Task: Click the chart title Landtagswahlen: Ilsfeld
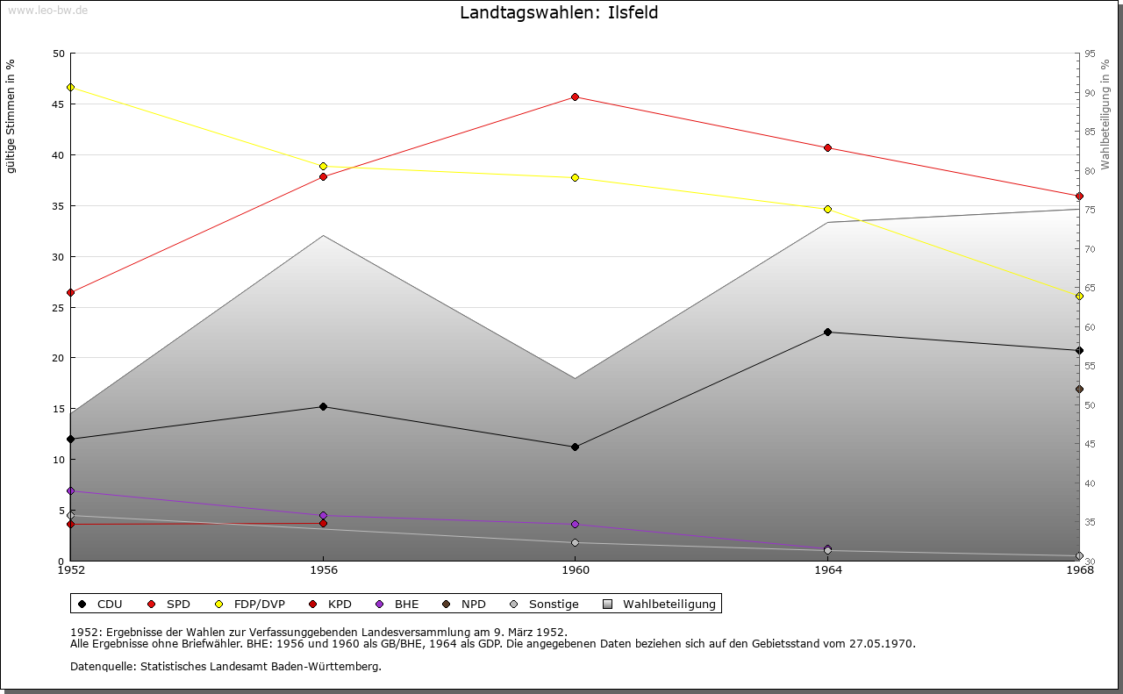[x=559, y=13]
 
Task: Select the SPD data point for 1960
[x=576, y=97]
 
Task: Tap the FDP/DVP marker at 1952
[x=70, y=87]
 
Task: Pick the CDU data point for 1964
[x=827, y=332]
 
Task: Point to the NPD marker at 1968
[x=1079, y=389]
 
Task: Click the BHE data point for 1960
[x=576, y=524]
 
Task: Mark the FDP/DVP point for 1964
[x=827, y=209]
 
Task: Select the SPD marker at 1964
[x=827, y=147]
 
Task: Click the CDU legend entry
[x=101, y=604]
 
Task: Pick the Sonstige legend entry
[x=544, y=604]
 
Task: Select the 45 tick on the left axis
[x=58, y=104]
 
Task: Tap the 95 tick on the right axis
[x=1090, y=54]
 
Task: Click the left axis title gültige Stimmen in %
[x=11, y=116]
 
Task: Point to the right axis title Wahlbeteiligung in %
[x=1105, y=114]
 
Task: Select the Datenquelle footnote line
[x=225, y=666]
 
